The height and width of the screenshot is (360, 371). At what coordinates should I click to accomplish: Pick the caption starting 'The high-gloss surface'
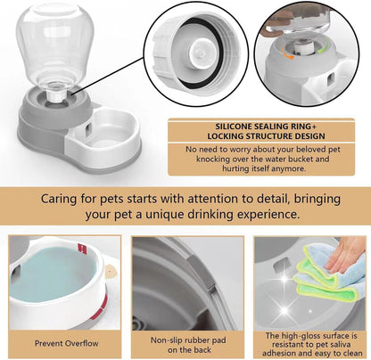coord(309,337)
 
